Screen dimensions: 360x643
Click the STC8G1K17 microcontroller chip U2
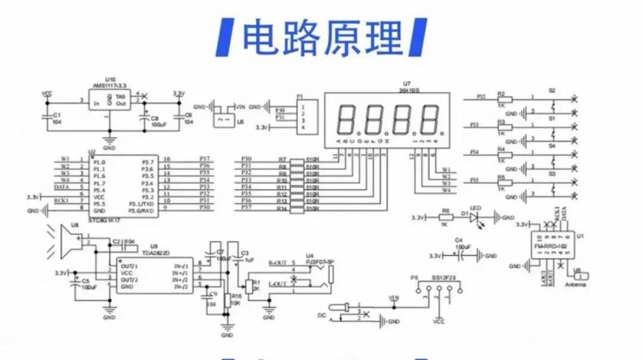click(124, 186)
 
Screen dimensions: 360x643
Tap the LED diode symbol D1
click(474, 218)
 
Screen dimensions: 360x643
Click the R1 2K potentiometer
click(249, 286)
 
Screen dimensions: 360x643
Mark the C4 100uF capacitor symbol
click(463, 256)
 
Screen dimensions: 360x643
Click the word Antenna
click(575, 285)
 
